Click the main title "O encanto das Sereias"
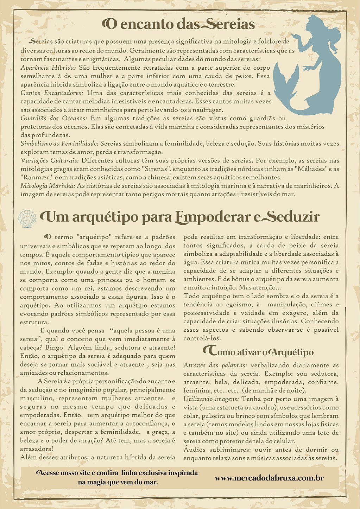click(178, 24)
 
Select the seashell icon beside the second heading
click(27, 219)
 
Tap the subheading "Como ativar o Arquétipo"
click(258, 352)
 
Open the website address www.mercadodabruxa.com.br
click(269, 478)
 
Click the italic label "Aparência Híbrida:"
click(48, 68)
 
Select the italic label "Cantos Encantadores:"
click(52, 93)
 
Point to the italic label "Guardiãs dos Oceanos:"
click(53, 119)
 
